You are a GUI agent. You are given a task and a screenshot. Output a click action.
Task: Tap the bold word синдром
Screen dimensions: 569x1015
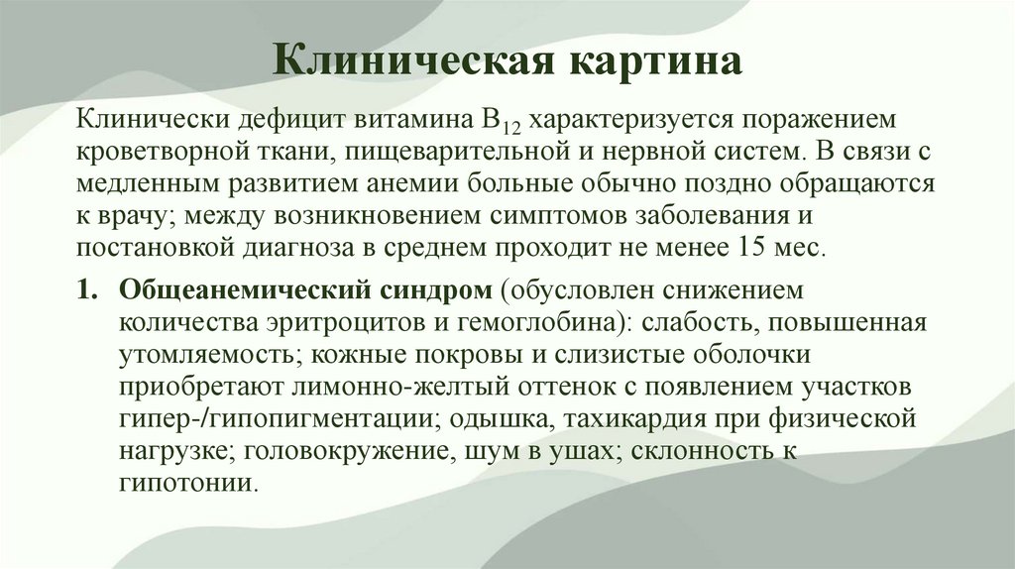(433, 292)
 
